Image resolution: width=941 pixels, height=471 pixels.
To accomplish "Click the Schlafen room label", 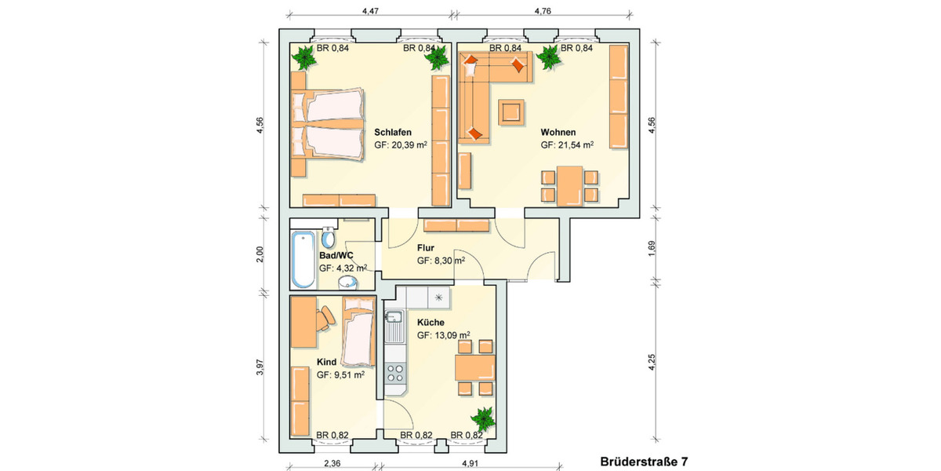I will [393, 132].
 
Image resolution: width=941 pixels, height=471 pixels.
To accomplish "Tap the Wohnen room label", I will [558, 132].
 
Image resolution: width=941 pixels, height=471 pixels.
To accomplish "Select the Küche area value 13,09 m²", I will [443, 335].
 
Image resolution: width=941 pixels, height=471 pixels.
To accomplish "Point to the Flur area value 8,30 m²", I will [441, 261].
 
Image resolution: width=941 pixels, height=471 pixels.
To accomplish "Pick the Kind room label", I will [326, 362].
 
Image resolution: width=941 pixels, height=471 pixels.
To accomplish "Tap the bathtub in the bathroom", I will [301, 260].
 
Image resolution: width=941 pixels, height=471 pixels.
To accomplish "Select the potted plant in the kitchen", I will [481, 420].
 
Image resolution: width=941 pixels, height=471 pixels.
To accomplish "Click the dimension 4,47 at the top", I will [370, 11].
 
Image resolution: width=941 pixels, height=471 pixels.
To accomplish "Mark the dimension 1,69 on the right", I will [653, 248].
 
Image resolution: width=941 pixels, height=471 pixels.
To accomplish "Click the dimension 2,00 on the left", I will [261, 254].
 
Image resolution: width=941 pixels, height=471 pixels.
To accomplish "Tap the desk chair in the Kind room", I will [326, 316].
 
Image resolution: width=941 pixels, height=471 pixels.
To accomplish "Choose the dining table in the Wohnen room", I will [570, 185].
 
